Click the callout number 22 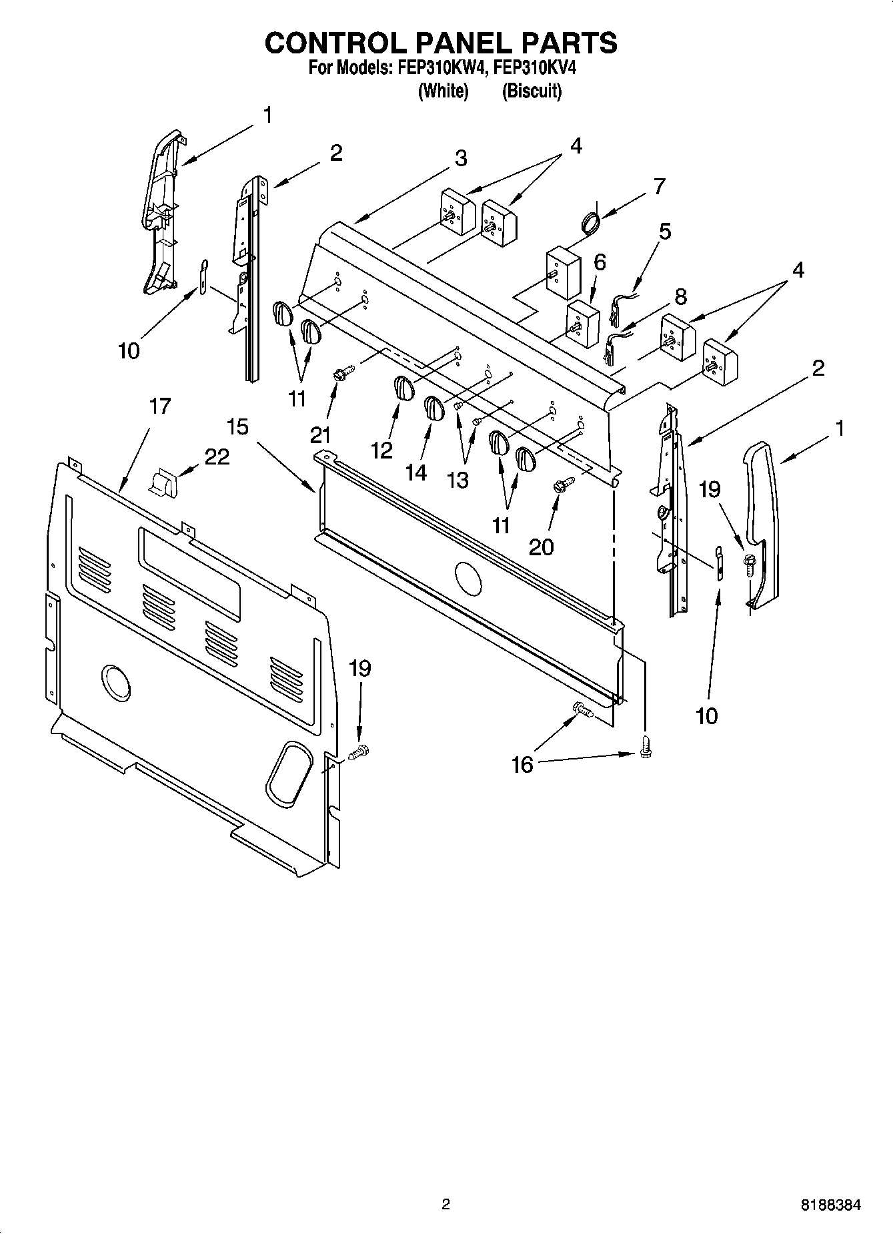click(217, 456)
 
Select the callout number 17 click(159, 406)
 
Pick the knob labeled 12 click(401, 388)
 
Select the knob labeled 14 click(433, 408)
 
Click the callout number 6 click(600, 262)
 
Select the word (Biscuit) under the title click(532, 91)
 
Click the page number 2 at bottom click(445, 1205)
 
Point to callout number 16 click(522, 764)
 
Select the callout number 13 click(458, 480)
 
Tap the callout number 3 click(461, 158)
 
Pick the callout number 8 click(680, 296)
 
